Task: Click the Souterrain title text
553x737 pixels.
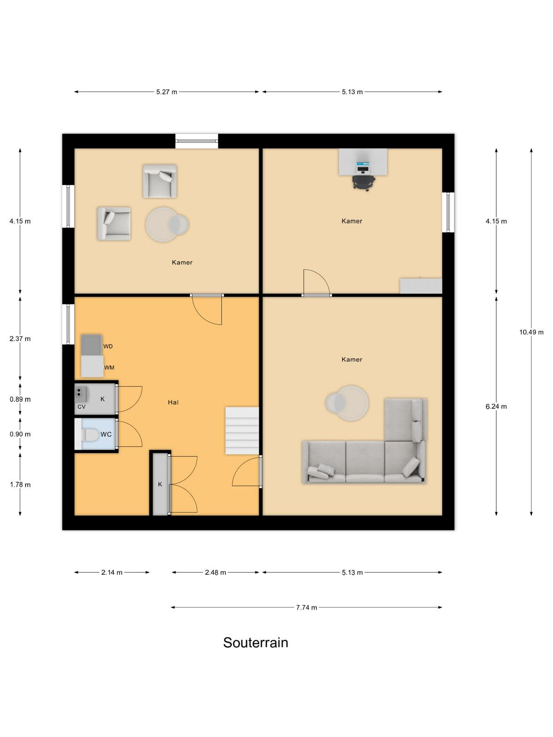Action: click(x=255, y=643)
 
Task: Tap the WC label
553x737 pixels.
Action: click(x=106, y=434)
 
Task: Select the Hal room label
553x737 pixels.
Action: click(x=173, y=402)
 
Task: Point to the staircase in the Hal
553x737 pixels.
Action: click(x=242, y=431)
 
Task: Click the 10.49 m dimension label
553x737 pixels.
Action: click(x=531, y=332)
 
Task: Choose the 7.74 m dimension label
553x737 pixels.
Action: click(x=306, y=608)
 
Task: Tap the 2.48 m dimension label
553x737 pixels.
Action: click(x=215, y=573)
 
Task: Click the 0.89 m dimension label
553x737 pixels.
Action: click(x=20, y=399)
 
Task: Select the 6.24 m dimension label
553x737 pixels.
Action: click(x=496, y=407)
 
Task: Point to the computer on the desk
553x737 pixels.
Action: click(x=363, y=167)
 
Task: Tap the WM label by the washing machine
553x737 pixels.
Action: click(x=109, y=368)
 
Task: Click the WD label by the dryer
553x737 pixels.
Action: click(x=108, y=346)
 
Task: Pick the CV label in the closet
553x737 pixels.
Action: click(x=81, y=407)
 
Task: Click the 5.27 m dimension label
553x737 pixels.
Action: click(x=166, y=92)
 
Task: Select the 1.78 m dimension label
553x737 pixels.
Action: click(x=20, y=485)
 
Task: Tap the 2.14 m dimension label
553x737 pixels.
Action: click(x=112, y=573)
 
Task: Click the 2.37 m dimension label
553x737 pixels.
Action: click(x=20, y=339)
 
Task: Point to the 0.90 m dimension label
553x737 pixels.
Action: click(x=20, y=434)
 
